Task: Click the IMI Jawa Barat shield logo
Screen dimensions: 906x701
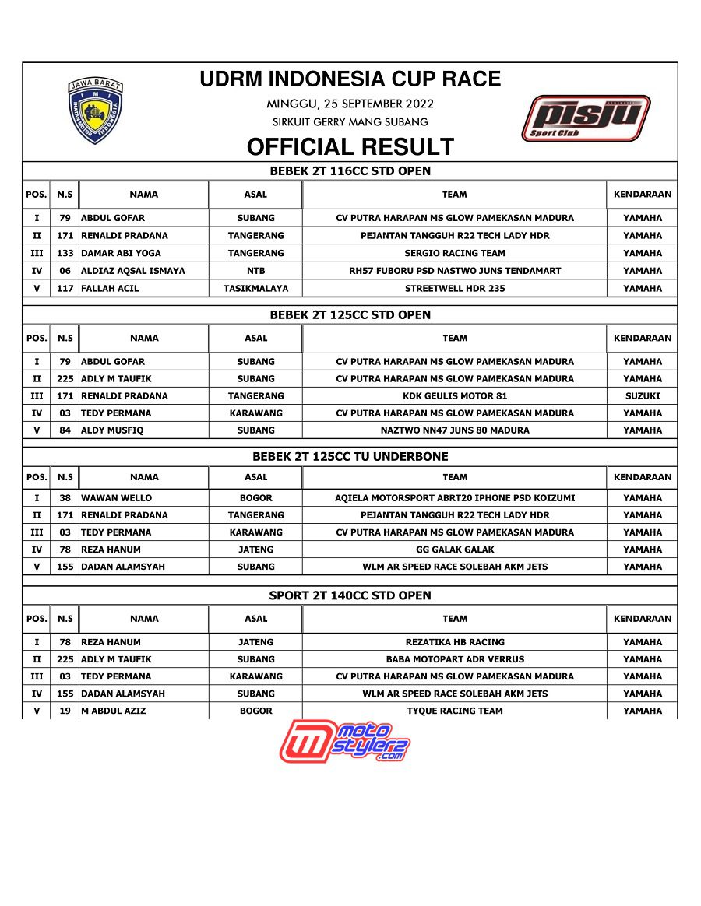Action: click(96, 111)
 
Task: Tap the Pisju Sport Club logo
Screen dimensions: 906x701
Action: click(586, 118)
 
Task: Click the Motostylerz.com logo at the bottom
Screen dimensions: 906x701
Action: click(345, 740)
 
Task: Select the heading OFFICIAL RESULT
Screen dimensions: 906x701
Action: click(350, 147)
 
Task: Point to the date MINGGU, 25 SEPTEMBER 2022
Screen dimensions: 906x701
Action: click(350, 104)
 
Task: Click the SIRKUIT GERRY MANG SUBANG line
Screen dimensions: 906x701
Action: click(350, 122)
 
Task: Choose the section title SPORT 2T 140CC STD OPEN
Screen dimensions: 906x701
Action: click(350, 595)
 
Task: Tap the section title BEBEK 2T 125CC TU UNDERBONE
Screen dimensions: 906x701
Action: click(350, 457)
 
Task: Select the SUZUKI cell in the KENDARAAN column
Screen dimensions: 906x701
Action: click(643, 396)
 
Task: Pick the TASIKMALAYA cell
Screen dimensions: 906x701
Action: click(255, 288)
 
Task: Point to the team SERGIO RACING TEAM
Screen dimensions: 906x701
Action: click(455, 253)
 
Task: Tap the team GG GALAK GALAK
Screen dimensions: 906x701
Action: click(455, 550)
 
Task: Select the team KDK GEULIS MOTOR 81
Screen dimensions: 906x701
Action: click(455, 396)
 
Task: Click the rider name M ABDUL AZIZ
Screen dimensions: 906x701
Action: click(113, 711)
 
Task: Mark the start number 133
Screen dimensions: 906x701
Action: click(65, 253)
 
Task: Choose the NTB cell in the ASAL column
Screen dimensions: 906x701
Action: click(255, 271)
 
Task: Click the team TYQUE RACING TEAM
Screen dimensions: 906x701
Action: click(455, 711)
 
